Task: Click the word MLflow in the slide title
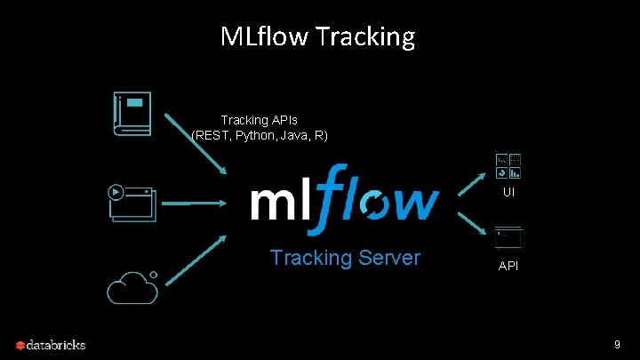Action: [x=263, y=36]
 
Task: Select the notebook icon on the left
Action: [x=132, y=113]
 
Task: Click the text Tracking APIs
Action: [x=260, y=120]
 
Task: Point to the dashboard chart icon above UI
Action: [x=508, y=166]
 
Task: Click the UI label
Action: [x=508, y=192]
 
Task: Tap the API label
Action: [x=508, y=266]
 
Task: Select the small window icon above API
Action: [x=508, y=237]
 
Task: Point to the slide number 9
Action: [x=616, y=344]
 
